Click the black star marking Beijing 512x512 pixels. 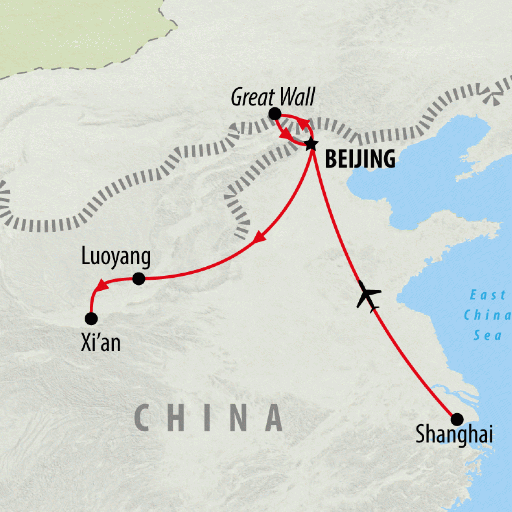click(311, 144)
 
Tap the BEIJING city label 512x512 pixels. click(360, 160)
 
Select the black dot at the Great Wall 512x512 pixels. click(274, 114)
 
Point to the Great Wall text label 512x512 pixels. click(273, 97)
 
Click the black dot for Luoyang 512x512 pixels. click(139, 279)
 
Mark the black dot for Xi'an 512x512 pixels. click(91, 318)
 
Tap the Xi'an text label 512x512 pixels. click(100, 344)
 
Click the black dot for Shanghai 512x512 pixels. click(457, 419)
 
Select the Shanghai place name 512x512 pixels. click(454, 435)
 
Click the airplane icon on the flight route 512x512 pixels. click(368, 298)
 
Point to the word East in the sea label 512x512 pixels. click(488, 295)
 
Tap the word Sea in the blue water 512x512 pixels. click(488, 335)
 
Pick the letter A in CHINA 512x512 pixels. click(273, 417)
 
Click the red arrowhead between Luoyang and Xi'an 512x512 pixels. click(101, 286)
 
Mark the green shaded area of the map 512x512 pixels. click(75, 30)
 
